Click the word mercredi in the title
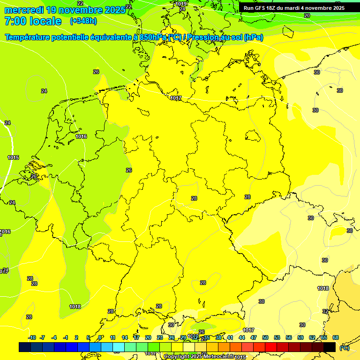pyautogui.click(x=24, y=10)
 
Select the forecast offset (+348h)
pyautogui.click(x=83, y=21)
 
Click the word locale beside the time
pyautogui.click(x=45, y=21)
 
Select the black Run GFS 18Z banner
pyautogui.click(x=294, y=7)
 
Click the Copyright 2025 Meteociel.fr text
pyautogui.click(x=199, y=356)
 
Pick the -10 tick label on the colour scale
pyautogui.click(x=32, y=337)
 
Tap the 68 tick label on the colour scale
pyautogui.click(x=336, y=337)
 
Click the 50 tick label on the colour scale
pyautogui.click(x=265, y=337)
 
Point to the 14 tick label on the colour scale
pyautogui.click(x=125, y=337)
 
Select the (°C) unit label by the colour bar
pyautogui.click(x=344, y=348)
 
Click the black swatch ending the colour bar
pyautogui.click(x=330, y=347)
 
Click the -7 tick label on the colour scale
pyautogui.click(x=42, y=337)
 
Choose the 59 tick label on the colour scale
pyautogui.click(x=300, y=337)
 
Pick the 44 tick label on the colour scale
pyautogui.click(x=242, y=337)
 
